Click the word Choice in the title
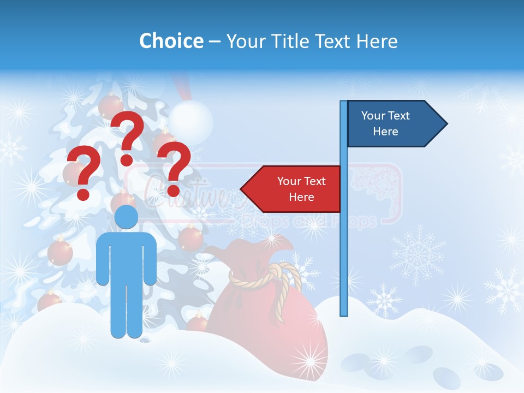tap(171, 41)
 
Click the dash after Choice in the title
tap(215, 41)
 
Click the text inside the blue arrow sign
tap(385, 123)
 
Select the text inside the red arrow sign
tap(301, 189)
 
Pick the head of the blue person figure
tap(126, 217)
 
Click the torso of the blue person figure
tap(126, 257)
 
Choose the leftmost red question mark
tap(83, 172)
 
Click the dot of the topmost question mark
tap(127, 160)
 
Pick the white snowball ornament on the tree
tap(190, 121)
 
